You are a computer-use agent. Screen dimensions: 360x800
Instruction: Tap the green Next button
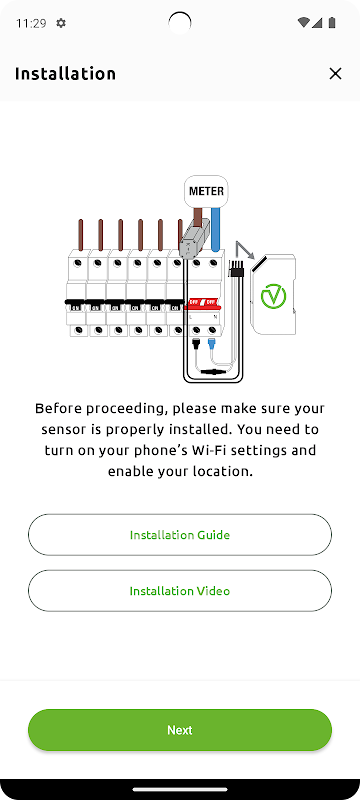click(179, 730)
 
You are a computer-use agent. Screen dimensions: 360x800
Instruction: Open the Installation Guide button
click(179, 535)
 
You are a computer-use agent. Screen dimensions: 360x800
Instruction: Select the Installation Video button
click(179, 591)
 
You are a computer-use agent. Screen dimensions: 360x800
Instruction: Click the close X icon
click(335, 73)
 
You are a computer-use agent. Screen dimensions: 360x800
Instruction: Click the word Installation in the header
click(65, 73)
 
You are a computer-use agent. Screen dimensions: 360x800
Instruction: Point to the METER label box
click(206, 191)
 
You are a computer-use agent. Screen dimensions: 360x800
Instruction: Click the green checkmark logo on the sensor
click(273, 296)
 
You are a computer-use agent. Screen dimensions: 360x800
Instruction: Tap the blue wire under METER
click(216, 229)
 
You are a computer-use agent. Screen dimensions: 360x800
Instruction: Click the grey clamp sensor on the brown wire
click(191, 237)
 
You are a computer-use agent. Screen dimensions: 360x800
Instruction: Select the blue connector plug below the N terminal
click(212, 345)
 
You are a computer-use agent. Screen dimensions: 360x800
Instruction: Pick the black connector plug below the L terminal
click(196, 345)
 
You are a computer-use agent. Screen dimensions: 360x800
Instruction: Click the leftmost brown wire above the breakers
click(81, 235)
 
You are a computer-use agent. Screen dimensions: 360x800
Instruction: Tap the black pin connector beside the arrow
click(238, 269)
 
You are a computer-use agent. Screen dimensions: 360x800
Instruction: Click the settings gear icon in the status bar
click(61, 23)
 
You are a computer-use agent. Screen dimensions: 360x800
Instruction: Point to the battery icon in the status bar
click(332, 22)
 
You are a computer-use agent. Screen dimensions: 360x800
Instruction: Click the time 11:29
click(31, 23)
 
